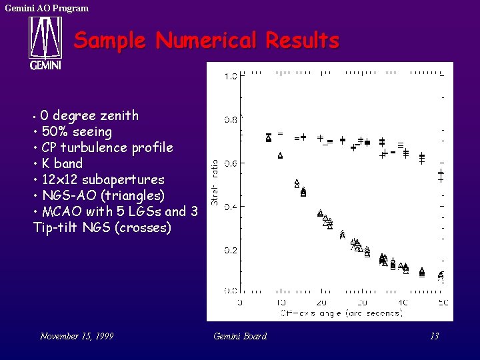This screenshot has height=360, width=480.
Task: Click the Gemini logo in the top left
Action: pos(45,43)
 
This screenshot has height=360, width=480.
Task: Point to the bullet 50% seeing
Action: pos(76,131)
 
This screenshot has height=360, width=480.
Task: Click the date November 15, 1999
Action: pos(77,336)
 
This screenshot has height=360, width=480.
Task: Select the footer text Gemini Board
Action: pos(240,336)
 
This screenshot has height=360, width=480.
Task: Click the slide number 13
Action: pos(434,336)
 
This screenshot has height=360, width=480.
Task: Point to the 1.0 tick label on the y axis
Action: pos(230,76)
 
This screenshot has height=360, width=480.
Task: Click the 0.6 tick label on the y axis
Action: pos(230,163)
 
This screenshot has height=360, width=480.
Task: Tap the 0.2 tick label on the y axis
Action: pos(230,250)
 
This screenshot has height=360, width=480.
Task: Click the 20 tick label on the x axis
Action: pos(321,303)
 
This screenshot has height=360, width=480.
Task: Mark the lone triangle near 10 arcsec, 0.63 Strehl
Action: pos(281,156)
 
